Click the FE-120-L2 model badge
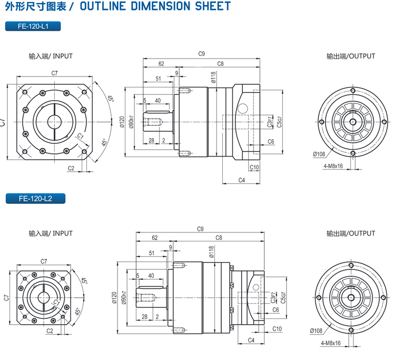(35, 199)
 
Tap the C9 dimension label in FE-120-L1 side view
(201, 54)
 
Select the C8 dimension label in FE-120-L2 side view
(219, 238)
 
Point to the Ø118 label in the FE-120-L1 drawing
(213, 78)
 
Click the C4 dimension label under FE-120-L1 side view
(242, 180)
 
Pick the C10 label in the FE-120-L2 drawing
(277, 329)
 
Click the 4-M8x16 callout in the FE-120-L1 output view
(333, 166)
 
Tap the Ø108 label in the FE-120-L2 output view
(317, 330)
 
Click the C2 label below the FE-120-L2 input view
(50, 331)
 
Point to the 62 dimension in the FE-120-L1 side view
(161, 64)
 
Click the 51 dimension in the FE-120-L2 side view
(152, 253)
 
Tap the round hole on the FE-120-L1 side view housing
(242, 109)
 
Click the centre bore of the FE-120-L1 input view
(55, 121)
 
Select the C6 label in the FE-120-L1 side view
(271, 141)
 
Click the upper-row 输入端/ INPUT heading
(51, 56)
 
